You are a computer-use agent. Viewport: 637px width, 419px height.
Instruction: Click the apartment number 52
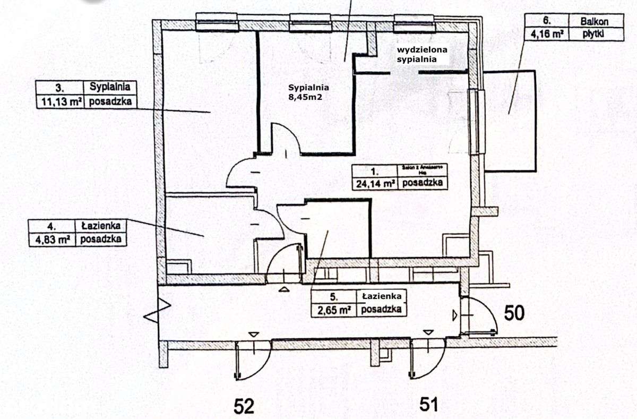[245, 406]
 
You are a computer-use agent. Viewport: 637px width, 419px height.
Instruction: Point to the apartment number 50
[514, 313]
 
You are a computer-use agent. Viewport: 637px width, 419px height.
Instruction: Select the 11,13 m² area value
[59, 101]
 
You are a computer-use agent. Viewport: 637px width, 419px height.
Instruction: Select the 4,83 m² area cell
[53, 240]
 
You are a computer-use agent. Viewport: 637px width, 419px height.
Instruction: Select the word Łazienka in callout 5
[382, 296]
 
